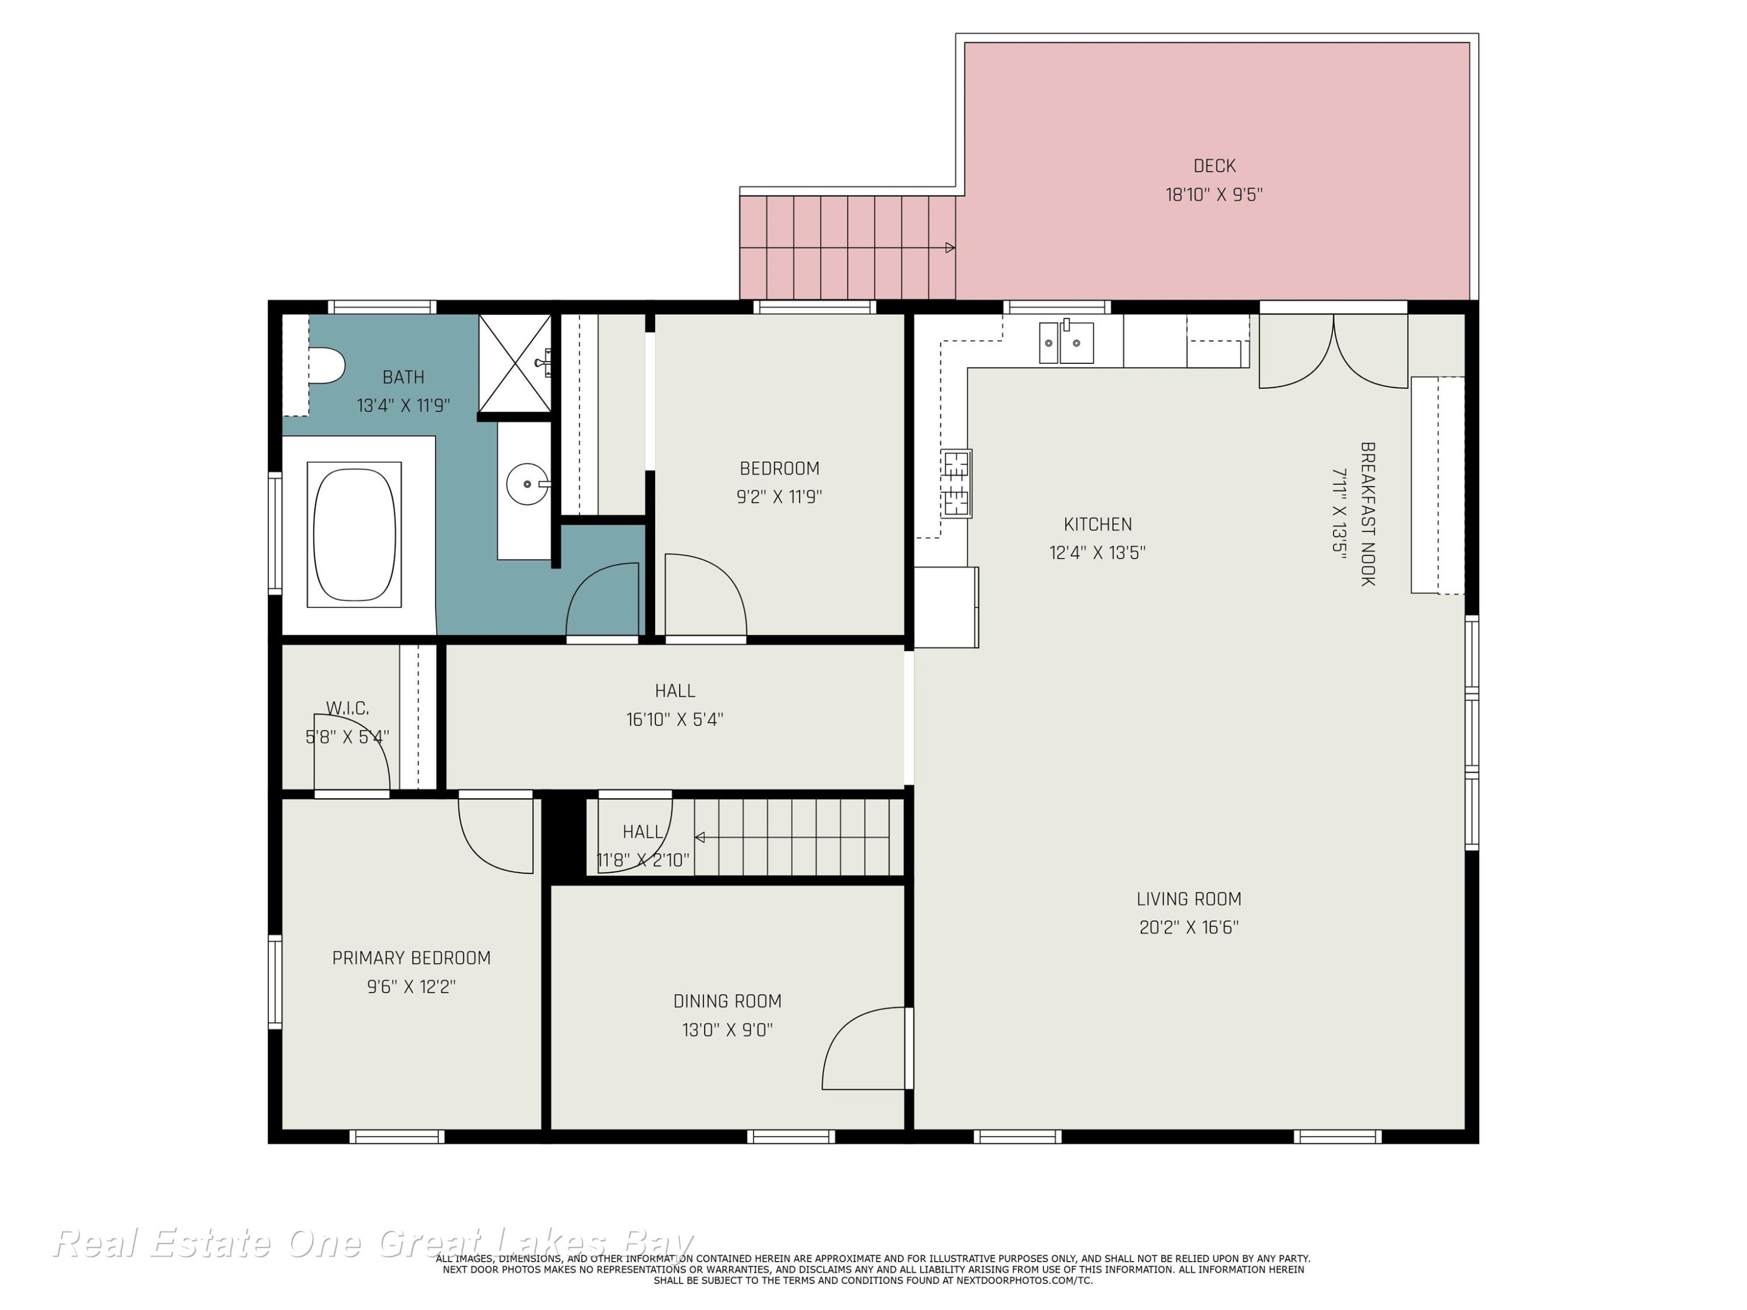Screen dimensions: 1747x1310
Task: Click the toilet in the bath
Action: click(326, 366)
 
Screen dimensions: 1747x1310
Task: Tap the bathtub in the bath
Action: click(354, 534)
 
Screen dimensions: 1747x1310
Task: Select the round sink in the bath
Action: click(527, 484)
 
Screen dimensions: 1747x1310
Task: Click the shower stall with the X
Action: click(515, 363)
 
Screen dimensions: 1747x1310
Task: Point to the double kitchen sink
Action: click(1066, 342)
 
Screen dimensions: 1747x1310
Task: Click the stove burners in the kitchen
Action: click(956, 483)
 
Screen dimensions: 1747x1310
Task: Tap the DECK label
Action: click(1215, 166)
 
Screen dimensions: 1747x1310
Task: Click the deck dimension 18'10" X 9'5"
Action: click(1215, 194)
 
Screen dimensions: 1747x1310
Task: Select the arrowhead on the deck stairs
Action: click(950, 248)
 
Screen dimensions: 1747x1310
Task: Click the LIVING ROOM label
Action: click(1189, 898)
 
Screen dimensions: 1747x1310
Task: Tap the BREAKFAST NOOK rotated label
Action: click(1368, 514)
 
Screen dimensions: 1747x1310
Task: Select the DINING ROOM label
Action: click(727, 1001)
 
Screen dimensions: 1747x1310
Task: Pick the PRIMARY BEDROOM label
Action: click(412, 958)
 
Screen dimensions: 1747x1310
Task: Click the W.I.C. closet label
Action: click(348, 709)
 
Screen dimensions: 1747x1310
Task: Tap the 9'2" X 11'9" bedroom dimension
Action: click(780, 497)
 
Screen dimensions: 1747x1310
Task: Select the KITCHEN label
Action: click(1098, 525)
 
